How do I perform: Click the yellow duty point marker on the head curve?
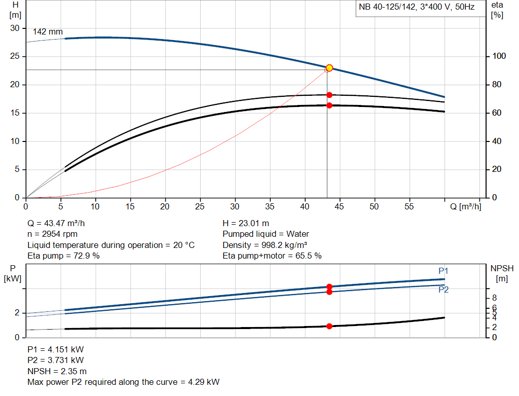329,68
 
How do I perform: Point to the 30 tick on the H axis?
15,28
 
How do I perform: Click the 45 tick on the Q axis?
340,207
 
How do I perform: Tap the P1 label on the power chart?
443,271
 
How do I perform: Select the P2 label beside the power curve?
443,290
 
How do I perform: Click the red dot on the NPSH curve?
329,326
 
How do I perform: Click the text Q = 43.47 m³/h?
60,223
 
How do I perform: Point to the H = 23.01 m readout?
246,223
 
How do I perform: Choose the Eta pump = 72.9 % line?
63,256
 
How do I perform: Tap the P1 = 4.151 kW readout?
56,349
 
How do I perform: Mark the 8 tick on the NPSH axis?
494,298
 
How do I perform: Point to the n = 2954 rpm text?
53,234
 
